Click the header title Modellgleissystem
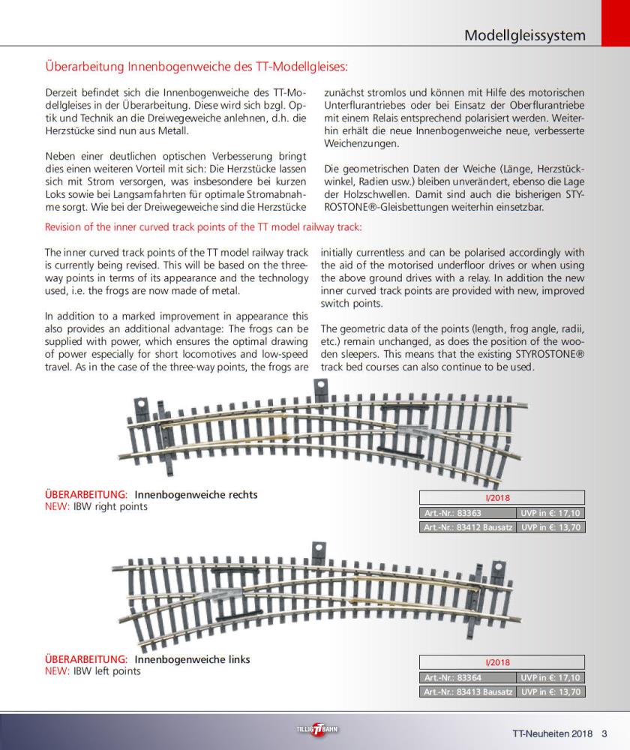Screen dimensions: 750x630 pos(524,35)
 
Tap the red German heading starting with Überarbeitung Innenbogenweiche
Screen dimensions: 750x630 pos(196,67)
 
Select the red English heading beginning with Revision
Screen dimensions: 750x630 pos(203,227)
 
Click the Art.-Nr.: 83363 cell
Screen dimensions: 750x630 pos(467,513)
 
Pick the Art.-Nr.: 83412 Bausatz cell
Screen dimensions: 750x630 pos(467,527)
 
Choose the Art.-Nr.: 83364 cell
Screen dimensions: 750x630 pos(467,677)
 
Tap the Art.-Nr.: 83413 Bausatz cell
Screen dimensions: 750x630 pos(467,691)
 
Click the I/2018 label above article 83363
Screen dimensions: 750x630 pos(501,498)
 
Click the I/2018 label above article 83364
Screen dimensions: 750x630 pos(501,662)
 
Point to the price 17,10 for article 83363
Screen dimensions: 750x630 pos(550,513)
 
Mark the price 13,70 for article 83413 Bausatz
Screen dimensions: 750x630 pos(550,691)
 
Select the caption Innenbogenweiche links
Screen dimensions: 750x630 pos(192,659)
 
